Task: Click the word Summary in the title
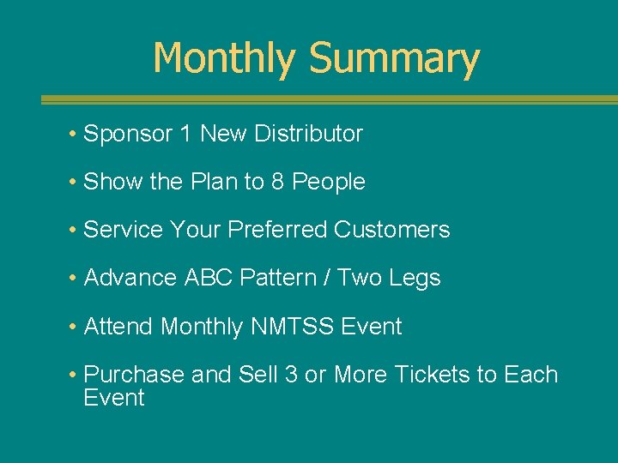tap(393, 58)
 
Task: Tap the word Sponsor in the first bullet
tap(127, 134)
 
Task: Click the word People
tap(329, 182)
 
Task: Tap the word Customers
tap(391, 230)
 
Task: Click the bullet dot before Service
tap(75, 231)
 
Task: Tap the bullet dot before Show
tap(75, 183)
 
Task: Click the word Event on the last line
tap(113, 398)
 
